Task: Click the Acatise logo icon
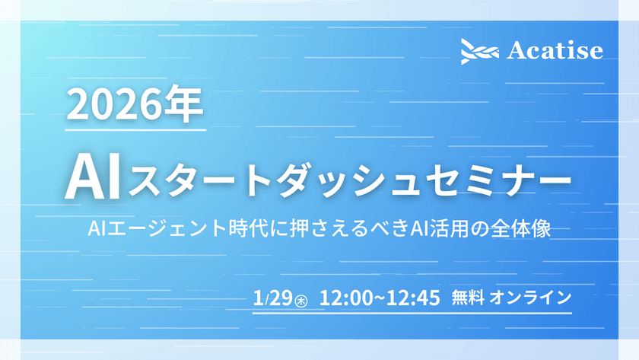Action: (479, 51)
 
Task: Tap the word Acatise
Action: (555, 51)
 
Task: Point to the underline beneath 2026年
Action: (135, 130)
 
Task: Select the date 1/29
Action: (274, 297)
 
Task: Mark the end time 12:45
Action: (414, 297)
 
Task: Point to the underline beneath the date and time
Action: (411, 312)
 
